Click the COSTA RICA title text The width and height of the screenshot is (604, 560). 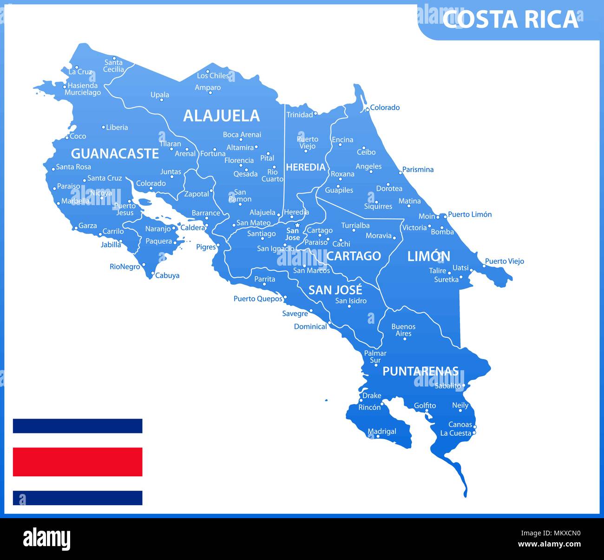coord(510,20)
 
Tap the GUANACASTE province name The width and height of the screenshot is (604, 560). coord(115,153)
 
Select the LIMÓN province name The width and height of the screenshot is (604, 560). coord(428,256)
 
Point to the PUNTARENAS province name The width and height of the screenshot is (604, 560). coord(420,371)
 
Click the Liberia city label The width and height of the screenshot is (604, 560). coord(117,127)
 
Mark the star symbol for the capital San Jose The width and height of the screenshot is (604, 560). coord(298,225)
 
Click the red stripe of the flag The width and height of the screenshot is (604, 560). coord(78,461)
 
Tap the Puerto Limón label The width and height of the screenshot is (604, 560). coord(469,214)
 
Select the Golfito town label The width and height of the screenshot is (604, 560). coord(425,406)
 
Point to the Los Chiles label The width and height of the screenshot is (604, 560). coord(213,75)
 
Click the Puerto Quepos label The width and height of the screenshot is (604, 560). coord(258,299)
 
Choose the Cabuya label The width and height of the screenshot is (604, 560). coord(167,275)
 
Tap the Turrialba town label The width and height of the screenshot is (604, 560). coord(355,226)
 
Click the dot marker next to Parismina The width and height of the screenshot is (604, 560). coord(400,173)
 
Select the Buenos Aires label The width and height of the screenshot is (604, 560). coord(403,330)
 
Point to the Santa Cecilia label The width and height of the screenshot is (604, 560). coord(114,66)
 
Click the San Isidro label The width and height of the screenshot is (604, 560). coord(351,300)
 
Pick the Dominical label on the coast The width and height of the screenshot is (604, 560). coord(310,327)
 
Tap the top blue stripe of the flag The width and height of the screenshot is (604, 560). coord(78,426)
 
